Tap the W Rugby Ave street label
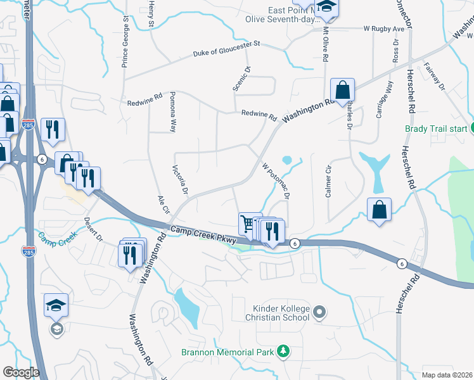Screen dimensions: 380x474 click(384, 29)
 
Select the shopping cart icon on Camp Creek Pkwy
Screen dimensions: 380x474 click(248, 224)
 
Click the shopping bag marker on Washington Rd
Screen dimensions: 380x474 click(342, 91)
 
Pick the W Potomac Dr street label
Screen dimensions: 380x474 click(276, 182)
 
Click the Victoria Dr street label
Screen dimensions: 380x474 click(181, 180)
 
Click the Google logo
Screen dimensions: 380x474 click(21, 372)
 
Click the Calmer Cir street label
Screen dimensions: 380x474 click(328, 182)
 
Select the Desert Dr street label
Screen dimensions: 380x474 click(93, 229)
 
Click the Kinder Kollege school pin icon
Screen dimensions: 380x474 click(320, 312)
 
